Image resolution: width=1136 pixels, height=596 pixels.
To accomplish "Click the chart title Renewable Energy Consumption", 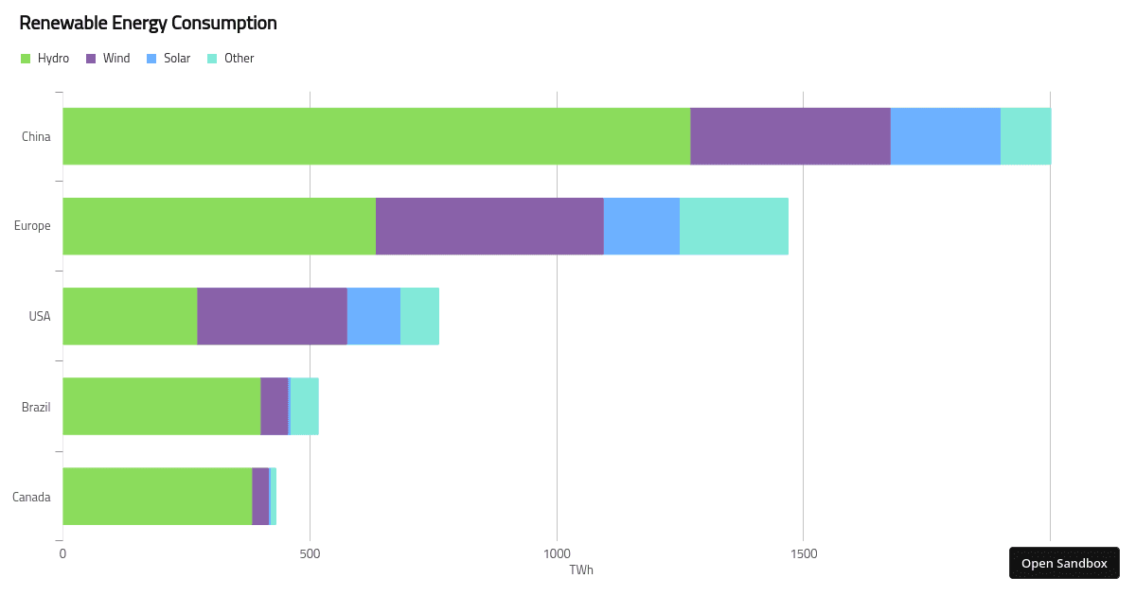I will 148,23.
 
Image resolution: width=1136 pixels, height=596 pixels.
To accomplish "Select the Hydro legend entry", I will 44,59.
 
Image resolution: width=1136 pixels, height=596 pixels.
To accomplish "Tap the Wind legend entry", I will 108,59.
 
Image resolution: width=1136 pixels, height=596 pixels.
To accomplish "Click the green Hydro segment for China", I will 376,136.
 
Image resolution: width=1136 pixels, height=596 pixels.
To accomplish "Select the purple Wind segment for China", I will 790,136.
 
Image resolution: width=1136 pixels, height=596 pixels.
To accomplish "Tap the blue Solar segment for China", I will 946,136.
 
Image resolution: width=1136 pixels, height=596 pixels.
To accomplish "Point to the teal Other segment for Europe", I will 734,226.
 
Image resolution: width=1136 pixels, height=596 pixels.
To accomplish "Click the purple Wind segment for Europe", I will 489,226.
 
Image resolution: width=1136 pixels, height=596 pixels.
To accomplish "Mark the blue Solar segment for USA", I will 374,316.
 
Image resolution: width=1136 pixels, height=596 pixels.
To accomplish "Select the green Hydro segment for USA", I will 130,316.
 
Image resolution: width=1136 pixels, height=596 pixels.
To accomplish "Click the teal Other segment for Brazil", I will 305,406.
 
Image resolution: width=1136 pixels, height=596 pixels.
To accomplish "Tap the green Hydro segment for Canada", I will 157,496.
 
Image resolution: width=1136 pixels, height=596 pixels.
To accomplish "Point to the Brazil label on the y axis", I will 36,408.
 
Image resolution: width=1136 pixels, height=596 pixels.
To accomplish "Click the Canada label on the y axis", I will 31,498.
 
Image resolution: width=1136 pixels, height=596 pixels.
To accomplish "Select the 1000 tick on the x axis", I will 557,553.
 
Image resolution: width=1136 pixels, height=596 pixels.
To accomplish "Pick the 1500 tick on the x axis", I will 803,553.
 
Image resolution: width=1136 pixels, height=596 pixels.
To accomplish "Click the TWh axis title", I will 581,570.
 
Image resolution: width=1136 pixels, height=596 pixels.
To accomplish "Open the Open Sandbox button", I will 1064,563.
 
